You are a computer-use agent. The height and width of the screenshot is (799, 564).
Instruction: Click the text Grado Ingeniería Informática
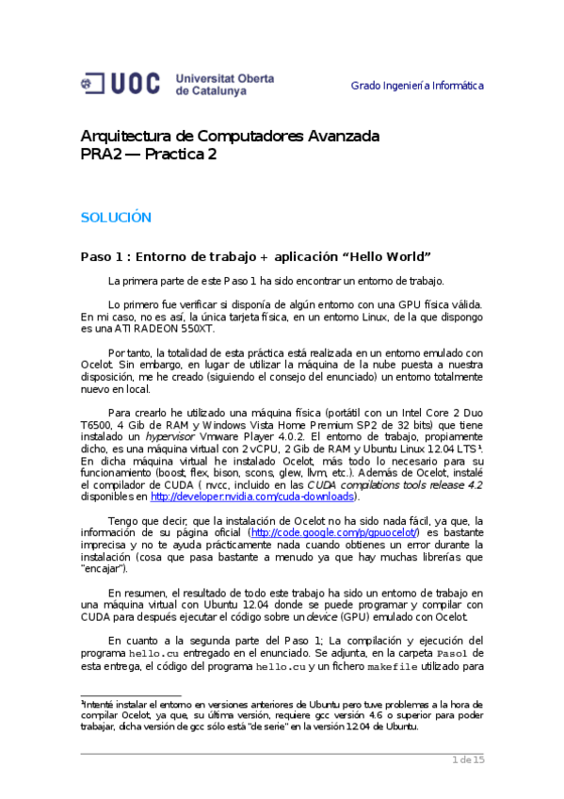[x=417, y=86]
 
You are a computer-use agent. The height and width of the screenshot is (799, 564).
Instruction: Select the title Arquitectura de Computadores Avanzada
[x=230, y=136]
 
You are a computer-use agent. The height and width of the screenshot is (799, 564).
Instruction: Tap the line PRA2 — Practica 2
[x=148, y=155]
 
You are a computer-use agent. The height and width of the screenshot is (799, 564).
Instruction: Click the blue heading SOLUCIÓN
[x=115, y=217]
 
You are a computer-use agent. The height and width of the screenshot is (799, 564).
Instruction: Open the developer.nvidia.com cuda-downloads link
[x=251, y=497]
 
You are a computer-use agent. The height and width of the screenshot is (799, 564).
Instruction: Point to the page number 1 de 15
[x=468, y=759]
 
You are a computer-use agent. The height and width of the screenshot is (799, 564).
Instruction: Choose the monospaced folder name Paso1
[x=464, y=652]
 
